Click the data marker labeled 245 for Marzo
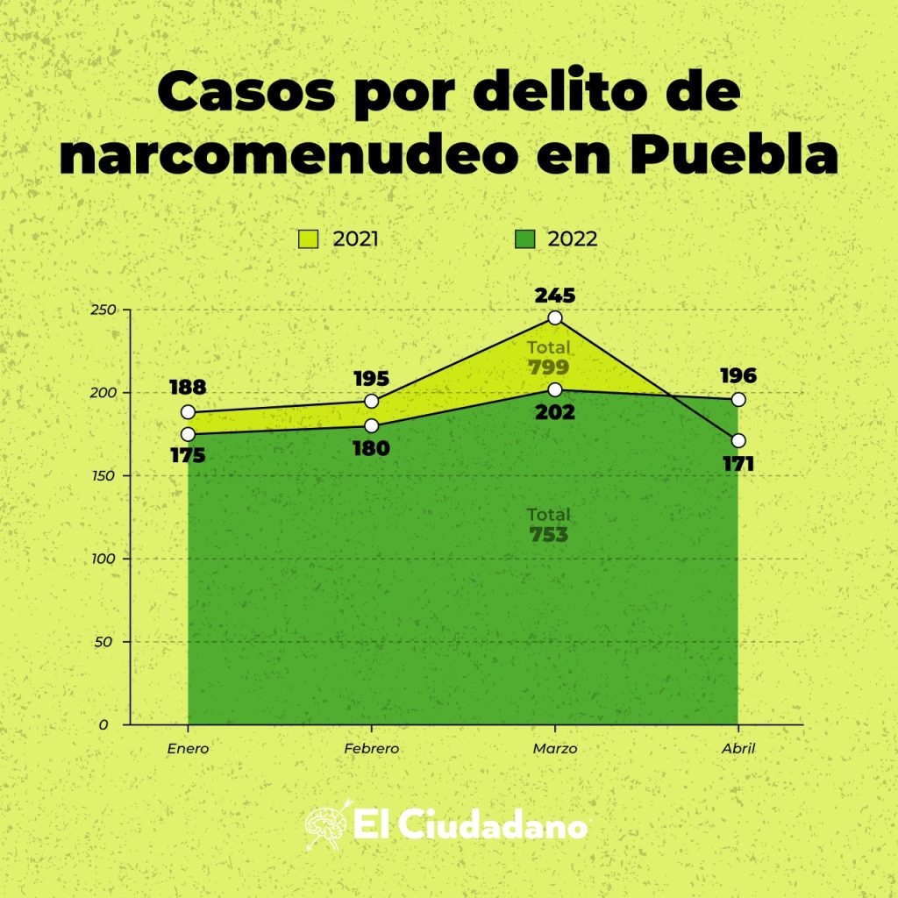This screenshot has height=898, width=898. [x=554, y=317]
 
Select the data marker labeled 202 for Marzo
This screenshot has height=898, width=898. [x=554, y=389]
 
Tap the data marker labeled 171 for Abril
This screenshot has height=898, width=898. [x=738, y=440]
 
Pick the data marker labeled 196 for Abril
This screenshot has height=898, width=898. [x=738, y=399]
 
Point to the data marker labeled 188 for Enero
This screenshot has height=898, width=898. [x=188, y=412]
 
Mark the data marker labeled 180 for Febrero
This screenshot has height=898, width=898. [x=371, y=426]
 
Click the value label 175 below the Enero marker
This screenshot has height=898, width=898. [x=189, y=456]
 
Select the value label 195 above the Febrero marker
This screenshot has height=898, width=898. [x=371, y=379]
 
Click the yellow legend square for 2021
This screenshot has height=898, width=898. [x=308, y=239]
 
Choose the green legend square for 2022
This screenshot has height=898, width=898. [x=524, y=239]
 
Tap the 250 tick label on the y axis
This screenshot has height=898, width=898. [x=103, y=310]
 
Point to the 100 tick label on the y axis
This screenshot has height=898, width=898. [x=103, y=559]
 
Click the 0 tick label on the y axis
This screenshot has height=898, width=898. [x=103, y=724]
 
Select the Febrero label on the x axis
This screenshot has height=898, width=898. [x=371, y=749]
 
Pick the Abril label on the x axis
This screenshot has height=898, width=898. [x=738, y=749]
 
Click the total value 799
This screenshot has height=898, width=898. [x=549, y=367]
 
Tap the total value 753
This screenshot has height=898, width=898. [x=549, y=535]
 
